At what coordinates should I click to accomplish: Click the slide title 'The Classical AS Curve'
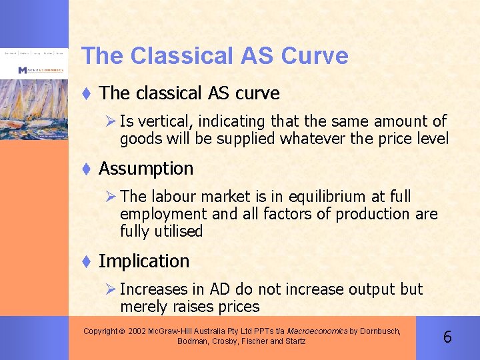click(x=214, y=55)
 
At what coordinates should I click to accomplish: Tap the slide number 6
click(x=447, y=337)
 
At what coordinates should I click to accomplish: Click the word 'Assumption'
click(x=146, y=169)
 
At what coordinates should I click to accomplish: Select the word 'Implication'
click(x=144, y=261)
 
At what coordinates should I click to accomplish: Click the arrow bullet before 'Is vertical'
click(x=111, y=121)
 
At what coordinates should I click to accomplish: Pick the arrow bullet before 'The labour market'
click(x=111, y=197)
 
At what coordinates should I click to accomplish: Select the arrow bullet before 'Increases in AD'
click(x=111, y=289)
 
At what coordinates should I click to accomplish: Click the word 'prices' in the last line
click(x=239, y=307)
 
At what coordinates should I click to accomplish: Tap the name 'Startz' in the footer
click(x=295, y=341)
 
